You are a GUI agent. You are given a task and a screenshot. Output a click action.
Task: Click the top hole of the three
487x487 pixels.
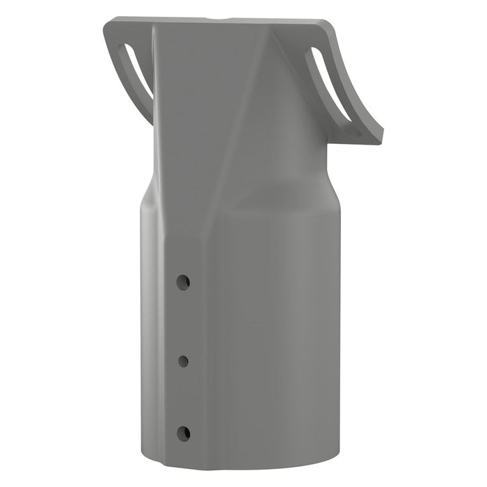(183, 282)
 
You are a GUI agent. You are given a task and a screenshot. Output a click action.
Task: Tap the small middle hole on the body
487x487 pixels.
(184, 360)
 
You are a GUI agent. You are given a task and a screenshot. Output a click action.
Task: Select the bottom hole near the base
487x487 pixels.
(183, 433)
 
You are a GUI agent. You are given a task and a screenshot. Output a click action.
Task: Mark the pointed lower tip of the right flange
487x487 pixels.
(379, 140)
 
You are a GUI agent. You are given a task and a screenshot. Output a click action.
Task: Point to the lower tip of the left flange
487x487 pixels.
(151, 120)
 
